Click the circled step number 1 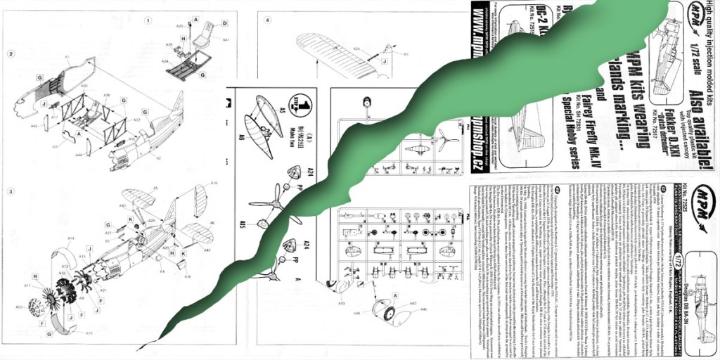point(148,20)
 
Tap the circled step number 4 point(268,20)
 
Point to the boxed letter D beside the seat point(224,23)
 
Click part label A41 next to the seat point(226,40)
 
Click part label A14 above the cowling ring point(71,239)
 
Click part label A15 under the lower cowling point(89,333)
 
